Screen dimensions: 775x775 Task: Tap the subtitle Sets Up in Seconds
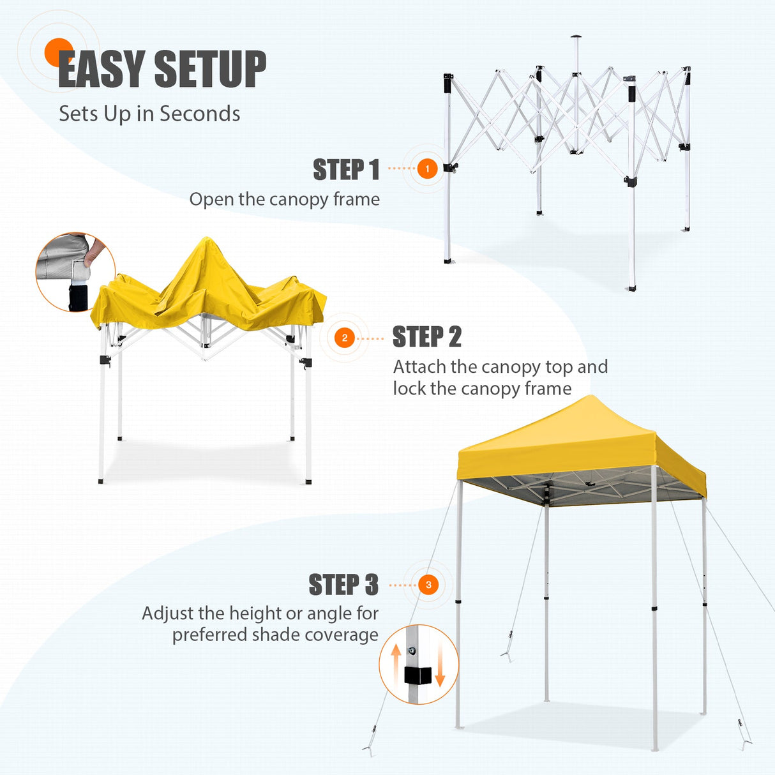[149, 114]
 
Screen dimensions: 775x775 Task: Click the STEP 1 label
[346, 170]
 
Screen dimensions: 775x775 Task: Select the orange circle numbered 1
[427, 169]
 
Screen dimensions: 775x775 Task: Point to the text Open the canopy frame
[284, 199]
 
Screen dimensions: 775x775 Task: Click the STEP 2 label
[426, 337]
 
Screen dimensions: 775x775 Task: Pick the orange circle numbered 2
[345, 338]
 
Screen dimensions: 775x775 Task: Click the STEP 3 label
[343, 585]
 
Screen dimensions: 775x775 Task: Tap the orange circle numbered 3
[428, 585]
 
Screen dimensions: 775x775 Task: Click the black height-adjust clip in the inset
[417, 675]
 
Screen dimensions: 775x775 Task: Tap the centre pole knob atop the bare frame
[576, 37]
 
